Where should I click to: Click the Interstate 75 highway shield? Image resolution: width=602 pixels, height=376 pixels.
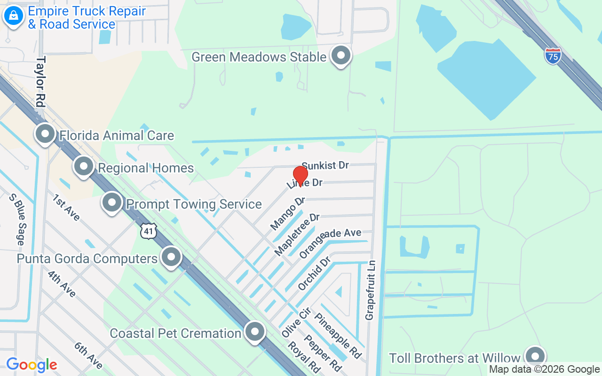click(x=553, y=55)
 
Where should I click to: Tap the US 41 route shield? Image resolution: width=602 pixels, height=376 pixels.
click(x=148, y=230)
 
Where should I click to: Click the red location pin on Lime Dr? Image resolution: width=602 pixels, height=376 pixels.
click(x=300, y=176)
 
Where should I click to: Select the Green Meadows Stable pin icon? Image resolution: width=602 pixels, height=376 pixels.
click(x=341, y=56)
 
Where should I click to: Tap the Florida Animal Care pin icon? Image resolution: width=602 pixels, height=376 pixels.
click(x=46, y=134)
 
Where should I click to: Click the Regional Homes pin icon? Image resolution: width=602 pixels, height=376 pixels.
click(x=84, y=166)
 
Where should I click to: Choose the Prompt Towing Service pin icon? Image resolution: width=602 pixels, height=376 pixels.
click(x=112, y=203)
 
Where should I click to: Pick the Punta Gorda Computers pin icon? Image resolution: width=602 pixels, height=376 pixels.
click(x=171, y=257)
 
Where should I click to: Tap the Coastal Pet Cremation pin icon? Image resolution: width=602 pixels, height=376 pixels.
click(x=255, y=332)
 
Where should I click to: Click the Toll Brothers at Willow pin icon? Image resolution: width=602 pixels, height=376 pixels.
click(x=534, y=357)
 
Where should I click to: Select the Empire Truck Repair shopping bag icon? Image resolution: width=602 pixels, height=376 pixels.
click(x=14, y=16)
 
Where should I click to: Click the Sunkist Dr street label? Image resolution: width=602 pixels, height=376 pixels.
click(x=325, y=165)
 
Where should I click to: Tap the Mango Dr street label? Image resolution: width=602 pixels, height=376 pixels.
click(x=287, y=214)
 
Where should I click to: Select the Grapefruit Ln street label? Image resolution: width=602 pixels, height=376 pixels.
click(x=370, y=290)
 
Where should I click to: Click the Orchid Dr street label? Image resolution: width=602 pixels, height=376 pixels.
click(x=314, y=273)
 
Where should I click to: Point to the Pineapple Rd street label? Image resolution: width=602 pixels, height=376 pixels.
click(x=339, y=336)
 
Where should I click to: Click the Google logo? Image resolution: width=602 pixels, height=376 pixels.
click(x=32, y=365)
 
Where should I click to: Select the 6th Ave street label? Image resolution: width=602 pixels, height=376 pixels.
click(x=88, y=355)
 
